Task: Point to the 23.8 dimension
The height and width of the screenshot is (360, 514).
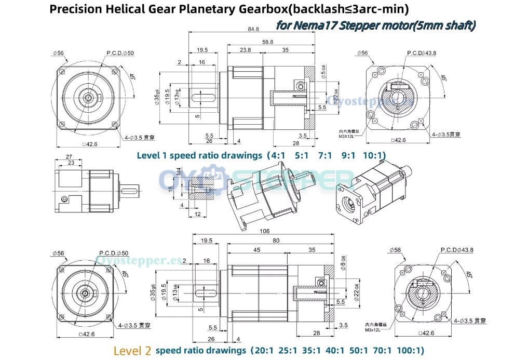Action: pos(246,50)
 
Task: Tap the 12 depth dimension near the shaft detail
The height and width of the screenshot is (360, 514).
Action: pos(197,214)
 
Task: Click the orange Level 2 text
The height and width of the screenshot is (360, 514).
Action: pos(132,351)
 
